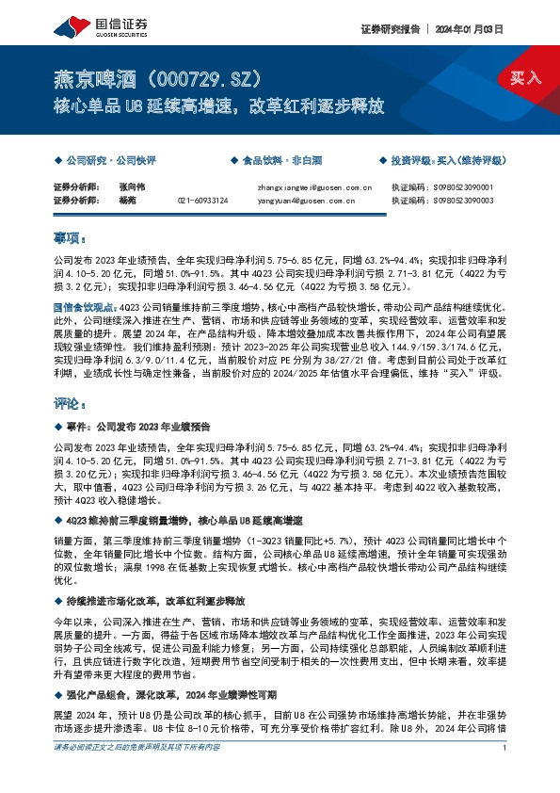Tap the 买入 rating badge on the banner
[524, 77]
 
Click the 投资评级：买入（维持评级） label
[446, 161]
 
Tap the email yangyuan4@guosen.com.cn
[304, 200]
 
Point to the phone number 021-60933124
[202, 200]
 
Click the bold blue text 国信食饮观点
[86, 306]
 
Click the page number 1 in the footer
[505, 774]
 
